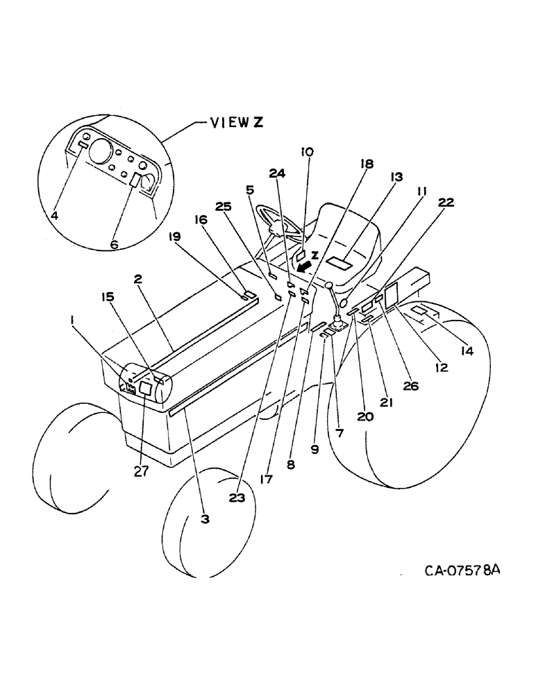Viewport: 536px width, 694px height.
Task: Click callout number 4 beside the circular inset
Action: click(53, 216)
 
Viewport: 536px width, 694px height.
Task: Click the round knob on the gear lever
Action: click(329, 285)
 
